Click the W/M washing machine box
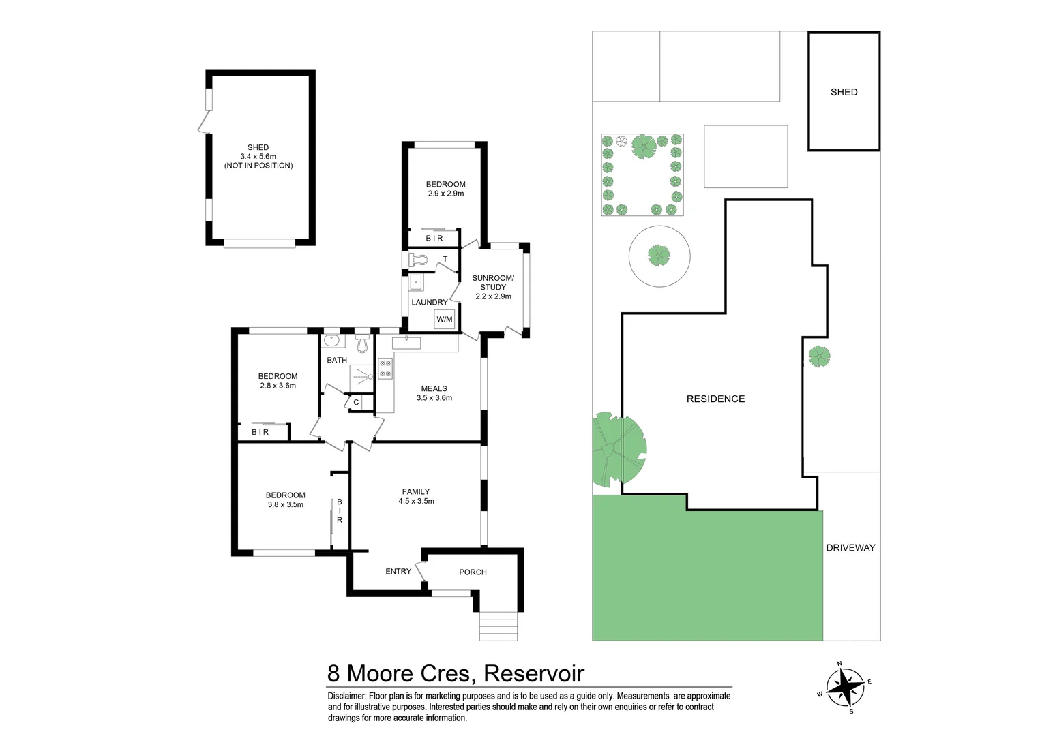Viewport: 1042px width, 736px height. coord(444,319)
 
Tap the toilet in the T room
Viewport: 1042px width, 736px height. coord(417,260)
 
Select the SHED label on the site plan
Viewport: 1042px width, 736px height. coord(844,92)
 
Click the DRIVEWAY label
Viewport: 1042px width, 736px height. coord(850,547)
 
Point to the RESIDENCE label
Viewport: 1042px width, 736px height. coord(715,399)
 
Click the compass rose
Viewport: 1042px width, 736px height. coord(844,686)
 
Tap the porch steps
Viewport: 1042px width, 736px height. coord(498,626)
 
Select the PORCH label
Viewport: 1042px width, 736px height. coord(473,572)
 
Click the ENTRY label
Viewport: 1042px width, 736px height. coord(398,571)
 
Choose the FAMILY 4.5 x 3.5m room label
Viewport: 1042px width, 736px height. coord(416,496)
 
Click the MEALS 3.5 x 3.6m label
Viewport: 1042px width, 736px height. coord(434,393)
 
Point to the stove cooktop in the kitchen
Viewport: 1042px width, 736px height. coord(385,369)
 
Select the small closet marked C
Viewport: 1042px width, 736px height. coord(356,403)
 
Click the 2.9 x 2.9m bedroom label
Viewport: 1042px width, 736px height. coord(445,189)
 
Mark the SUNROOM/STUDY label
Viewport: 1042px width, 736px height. coord(493,287)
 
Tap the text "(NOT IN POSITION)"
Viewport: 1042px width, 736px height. coord(258,166)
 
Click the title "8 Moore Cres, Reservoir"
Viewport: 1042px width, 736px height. coord(456,673)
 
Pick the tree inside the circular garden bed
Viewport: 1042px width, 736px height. coord(659,256)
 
